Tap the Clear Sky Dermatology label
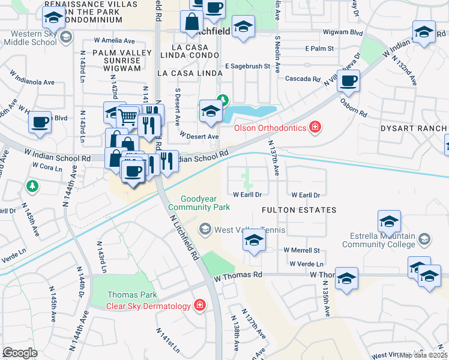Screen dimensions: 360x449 [x=149, y=305]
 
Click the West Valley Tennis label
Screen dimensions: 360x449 [x=250, y=230]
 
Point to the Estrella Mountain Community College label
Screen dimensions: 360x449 [x=379, y=240]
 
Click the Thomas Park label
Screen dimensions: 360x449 [x=132, y=295]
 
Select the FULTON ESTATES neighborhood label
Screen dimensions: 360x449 [x=299, y=210]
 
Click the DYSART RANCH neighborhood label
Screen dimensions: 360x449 [x=414, y=128]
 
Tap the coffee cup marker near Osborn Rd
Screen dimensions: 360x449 [x=348, y=80]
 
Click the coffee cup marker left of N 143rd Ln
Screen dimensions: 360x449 [x=40, y=122]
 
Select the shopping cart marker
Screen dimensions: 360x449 [x=127, y=117]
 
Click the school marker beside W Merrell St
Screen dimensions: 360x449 [x=254, y=241]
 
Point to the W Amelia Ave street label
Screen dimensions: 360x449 [x=114, y=41]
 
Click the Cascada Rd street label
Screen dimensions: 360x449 [x=303, y=79]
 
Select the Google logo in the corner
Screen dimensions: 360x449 [x=20, y=353]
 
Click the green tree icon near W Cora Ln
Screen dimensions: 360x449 [x=32, y=187]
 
